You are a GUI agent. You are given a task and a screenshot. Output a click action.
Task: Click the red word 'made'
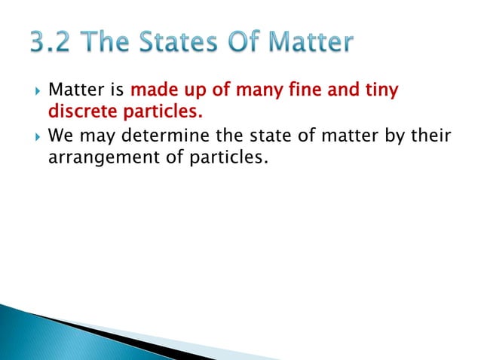pos(152,91)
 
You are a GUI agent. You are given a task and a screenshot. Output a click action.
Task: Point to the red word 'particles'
pos(158,114)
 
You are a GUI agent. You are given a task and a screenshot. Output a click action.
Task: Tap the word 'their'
pos(427,137)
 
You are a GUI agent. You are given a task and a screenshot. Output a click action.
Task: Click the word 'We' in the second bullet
pos(60,137)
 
